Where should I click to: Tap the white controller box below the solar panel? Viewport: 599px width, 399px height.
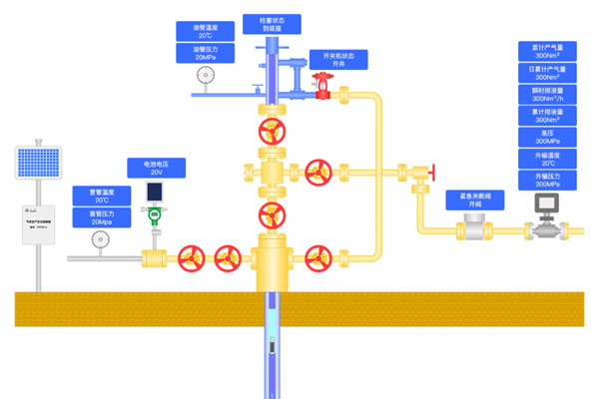point(38,220)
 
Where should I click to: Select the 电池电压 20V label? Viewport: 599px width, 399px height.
point(156,168)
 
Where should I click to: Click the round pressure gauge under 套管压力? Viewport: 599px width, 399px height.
point(99,239)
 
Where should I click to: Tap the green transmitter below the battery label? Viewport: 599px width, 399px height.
point(155,213)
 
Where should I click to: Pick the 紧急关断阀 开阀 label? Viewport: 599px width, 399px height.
point(473,200)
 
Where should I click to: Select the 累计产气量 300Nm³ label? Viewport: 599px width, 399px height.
point(547,52)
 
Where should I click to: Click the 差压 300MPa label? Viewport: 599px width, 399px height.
point(547,138)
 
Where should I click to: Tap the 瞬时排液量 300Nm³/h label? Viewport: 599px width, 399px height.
point(547,95)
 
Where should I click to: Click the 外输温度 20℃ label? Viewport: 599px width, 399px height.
point(547,160)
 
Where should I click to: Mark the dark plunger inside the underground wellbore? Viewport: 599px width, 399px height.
point(271,346)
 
